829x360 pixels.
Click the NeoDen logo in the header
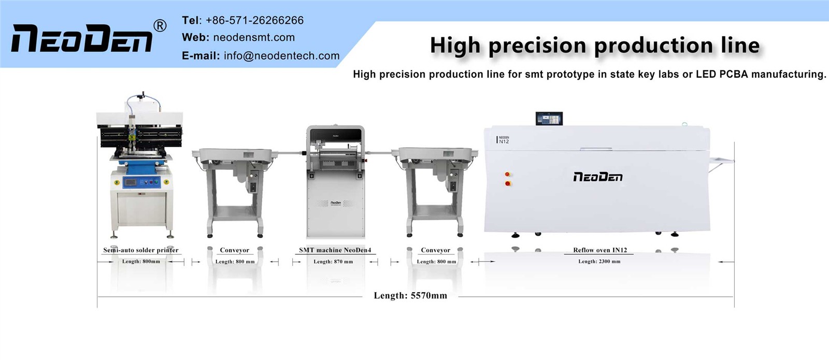click(x=81, y=38)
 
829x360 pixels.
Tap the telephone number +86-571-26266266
click(x=254, y=20)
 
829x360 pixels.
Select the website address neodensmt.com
click(x=254, y=37)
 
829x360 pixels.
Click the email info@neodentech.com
click(x=282, y=55)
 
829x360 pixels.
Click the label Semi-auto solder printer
click(x=140, y=250)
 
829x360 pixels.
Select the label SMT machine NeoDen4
click(x=335, y=250)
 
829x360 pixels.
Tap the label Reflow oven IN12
click(x=600, y=250)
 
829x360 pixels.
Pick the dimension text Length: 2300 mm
click(x=599, y=261)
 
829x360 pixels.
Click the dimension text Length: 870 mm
click(x=333, y=262)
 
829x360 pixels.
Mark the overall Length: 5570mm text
click(x=410, y=295)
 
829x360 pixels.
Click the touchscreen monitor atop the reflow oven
click(x=549, y=119)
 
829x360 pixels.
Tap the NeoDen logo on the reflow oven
click(x=598, y=177)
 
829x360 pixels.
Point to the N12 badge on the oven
click(x=503, y=140)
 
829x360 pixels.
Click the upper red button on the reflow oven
click(x=507, y=174)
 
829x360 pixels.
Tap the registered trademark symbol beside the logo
click(x=160, y=26)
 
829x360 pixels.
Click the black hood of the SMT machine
click(x=335, y=135)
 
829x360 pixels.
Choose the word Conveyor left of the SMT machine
click(x=234, y=250)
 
